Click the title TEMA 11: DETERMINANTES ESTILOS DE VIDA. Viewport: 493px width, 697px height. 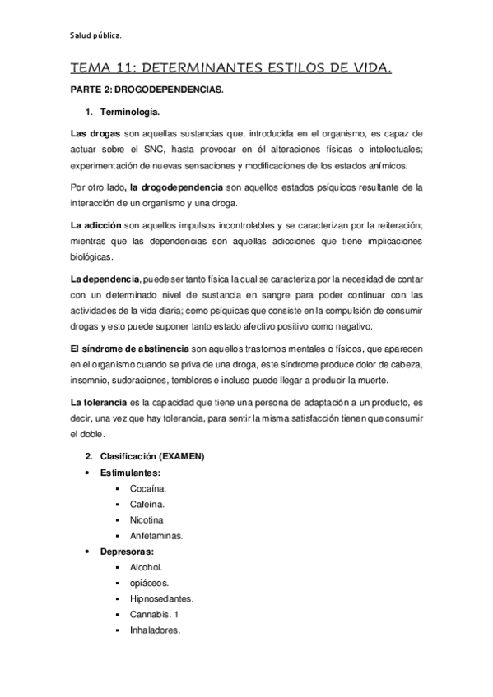point(231,72)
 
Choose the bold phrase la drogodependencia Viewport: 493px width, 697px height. point(176,187)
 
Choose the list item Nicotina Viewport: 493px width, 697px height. point(147,519)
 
